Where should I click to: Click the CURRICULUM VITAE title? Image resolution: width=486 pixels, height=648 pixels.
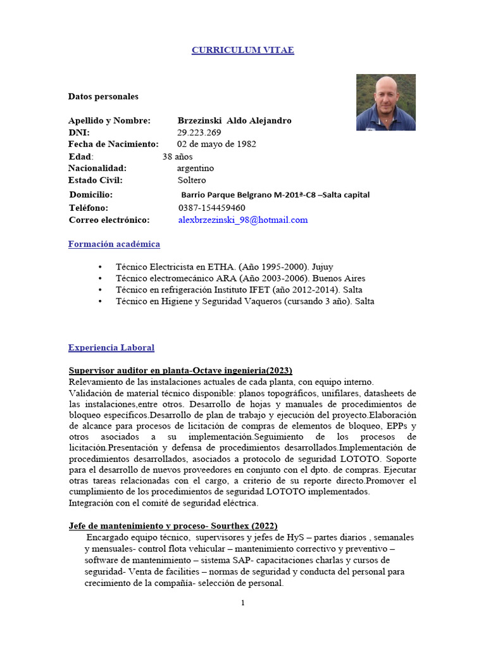point(243,50)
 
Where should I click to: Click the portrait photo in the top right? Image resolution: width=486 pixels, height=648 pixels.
point(385,102)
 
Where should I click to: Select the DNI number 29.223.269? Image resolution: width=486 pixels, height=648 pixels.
point(199,132)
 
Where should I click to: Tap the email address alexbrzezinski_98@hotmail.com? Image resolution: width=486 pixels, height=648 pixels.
point(242,220)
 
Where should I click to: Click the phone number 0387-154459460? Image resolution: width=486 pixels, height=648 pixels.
point(211,208)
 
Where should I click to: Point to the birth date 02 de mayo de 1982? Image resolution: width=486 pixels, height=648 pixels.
point(216,144)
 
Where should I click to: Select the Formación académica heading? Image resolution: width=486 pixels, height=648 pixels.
point(114,244)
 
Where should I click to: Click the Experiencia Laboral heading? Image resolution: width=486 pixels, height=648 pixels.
point(111,347)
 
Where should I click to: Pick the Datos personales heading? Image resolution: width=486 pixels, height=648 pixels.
point(103,96)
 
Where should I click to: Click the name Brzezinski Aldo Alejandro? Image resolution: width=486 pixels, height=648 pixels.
point(234,120)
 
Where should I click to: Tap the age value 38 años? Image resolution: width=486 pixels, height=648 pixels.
point(177,156)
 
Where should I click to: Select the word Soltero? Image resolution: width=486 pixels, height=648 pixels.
point(192,180)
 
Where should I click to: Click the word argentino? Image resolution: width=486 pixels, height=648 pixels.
point(196,168)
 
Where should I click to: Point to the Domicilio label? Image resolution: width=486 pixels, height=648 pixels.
point(91,195)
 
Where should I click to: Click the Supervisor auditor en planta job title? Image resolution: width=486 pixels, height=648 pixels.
point(180,370)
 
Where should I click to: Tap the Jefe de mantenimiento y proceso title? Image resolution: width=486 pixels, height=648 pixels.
point(173,526)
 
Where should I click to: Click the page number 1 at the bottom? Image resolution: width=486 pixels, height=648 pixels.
point(242,603)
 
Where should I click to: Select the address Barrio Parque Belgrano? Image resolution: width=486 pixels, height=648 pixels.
point(275,195)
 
